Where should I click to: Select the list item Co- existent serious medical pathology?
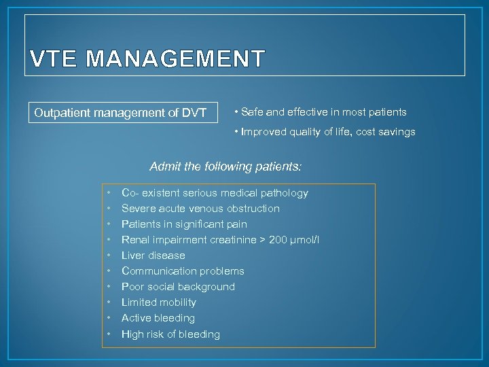[x=215, y=193]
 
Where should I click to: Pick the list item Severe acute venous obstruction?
[x=200, y=209]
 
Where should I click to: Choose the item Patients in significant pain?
[x=184, y=224]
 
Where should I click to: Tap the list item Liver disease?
[x=153, y=256]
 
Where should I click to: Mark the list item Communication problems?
[x=183, y=271]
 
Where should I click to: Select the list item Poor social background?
[x=178, y=287]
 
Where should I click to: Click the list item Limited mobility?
[x=158, y=302]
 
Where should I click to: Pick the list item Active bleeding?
[x=158, y=318]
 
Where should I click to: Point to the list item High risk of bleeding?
[x=170, y=334]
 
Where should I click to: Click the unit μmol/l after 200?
[x=307, y=240]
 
